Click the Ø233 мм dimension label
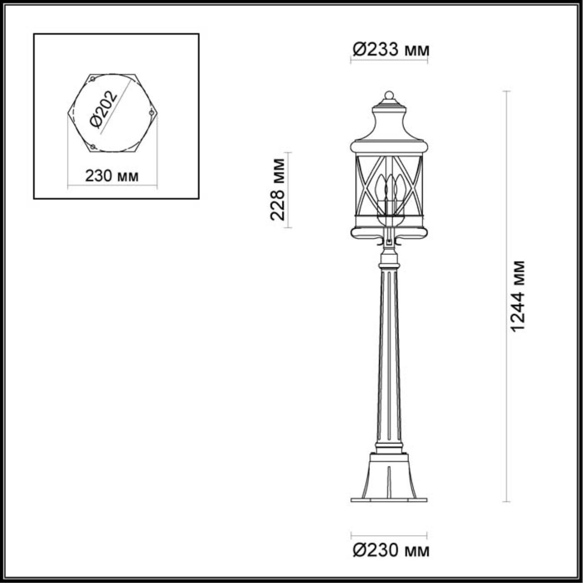[x=391, y=49]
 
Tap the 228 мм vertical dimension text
[x=278, y=189]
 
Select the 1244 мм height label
[x=518, y=296]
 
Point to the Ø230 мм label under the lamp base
[x=391, y=551]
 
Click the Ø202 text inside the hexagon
[x=104, y=110]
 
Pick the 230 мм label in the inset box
[x=112, y=175]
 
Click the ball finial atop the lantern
[x=389, y=96]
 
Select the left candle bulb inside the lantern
[x=379, y=186]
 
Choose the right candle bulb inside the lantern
[x=399, y=186]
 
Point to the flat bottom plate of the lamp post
[x=389, y=500]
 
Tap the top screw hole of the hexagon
[x=92, y=79]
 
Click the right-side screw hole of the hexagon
[x=151, y=112]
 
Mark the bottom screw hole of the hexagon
[x=92, y=147]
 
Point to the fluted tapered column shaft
[x=389, y=355]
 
